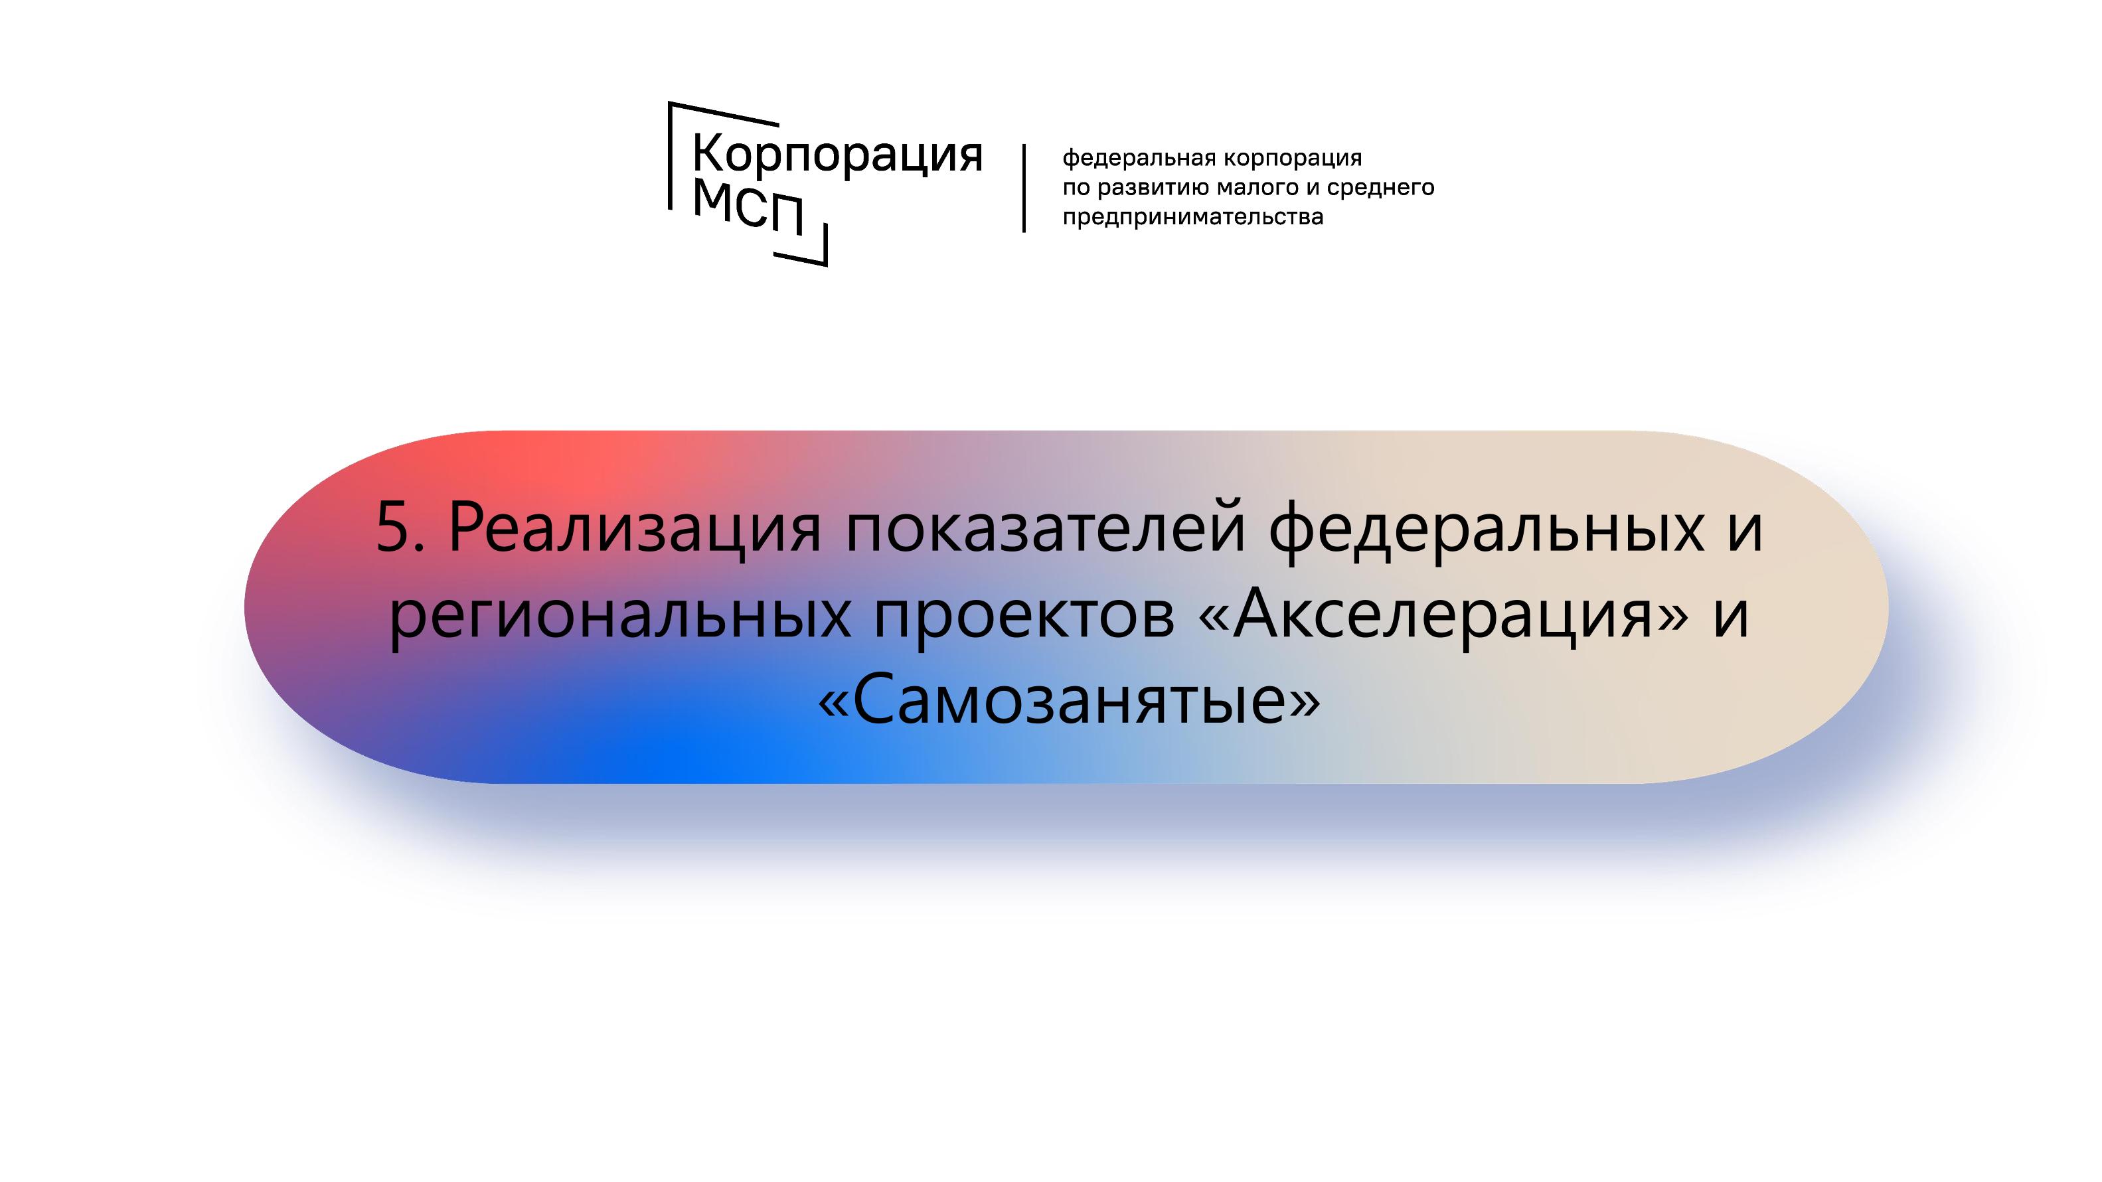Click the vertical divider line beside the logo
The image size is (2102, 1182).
click(1024, 188)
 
